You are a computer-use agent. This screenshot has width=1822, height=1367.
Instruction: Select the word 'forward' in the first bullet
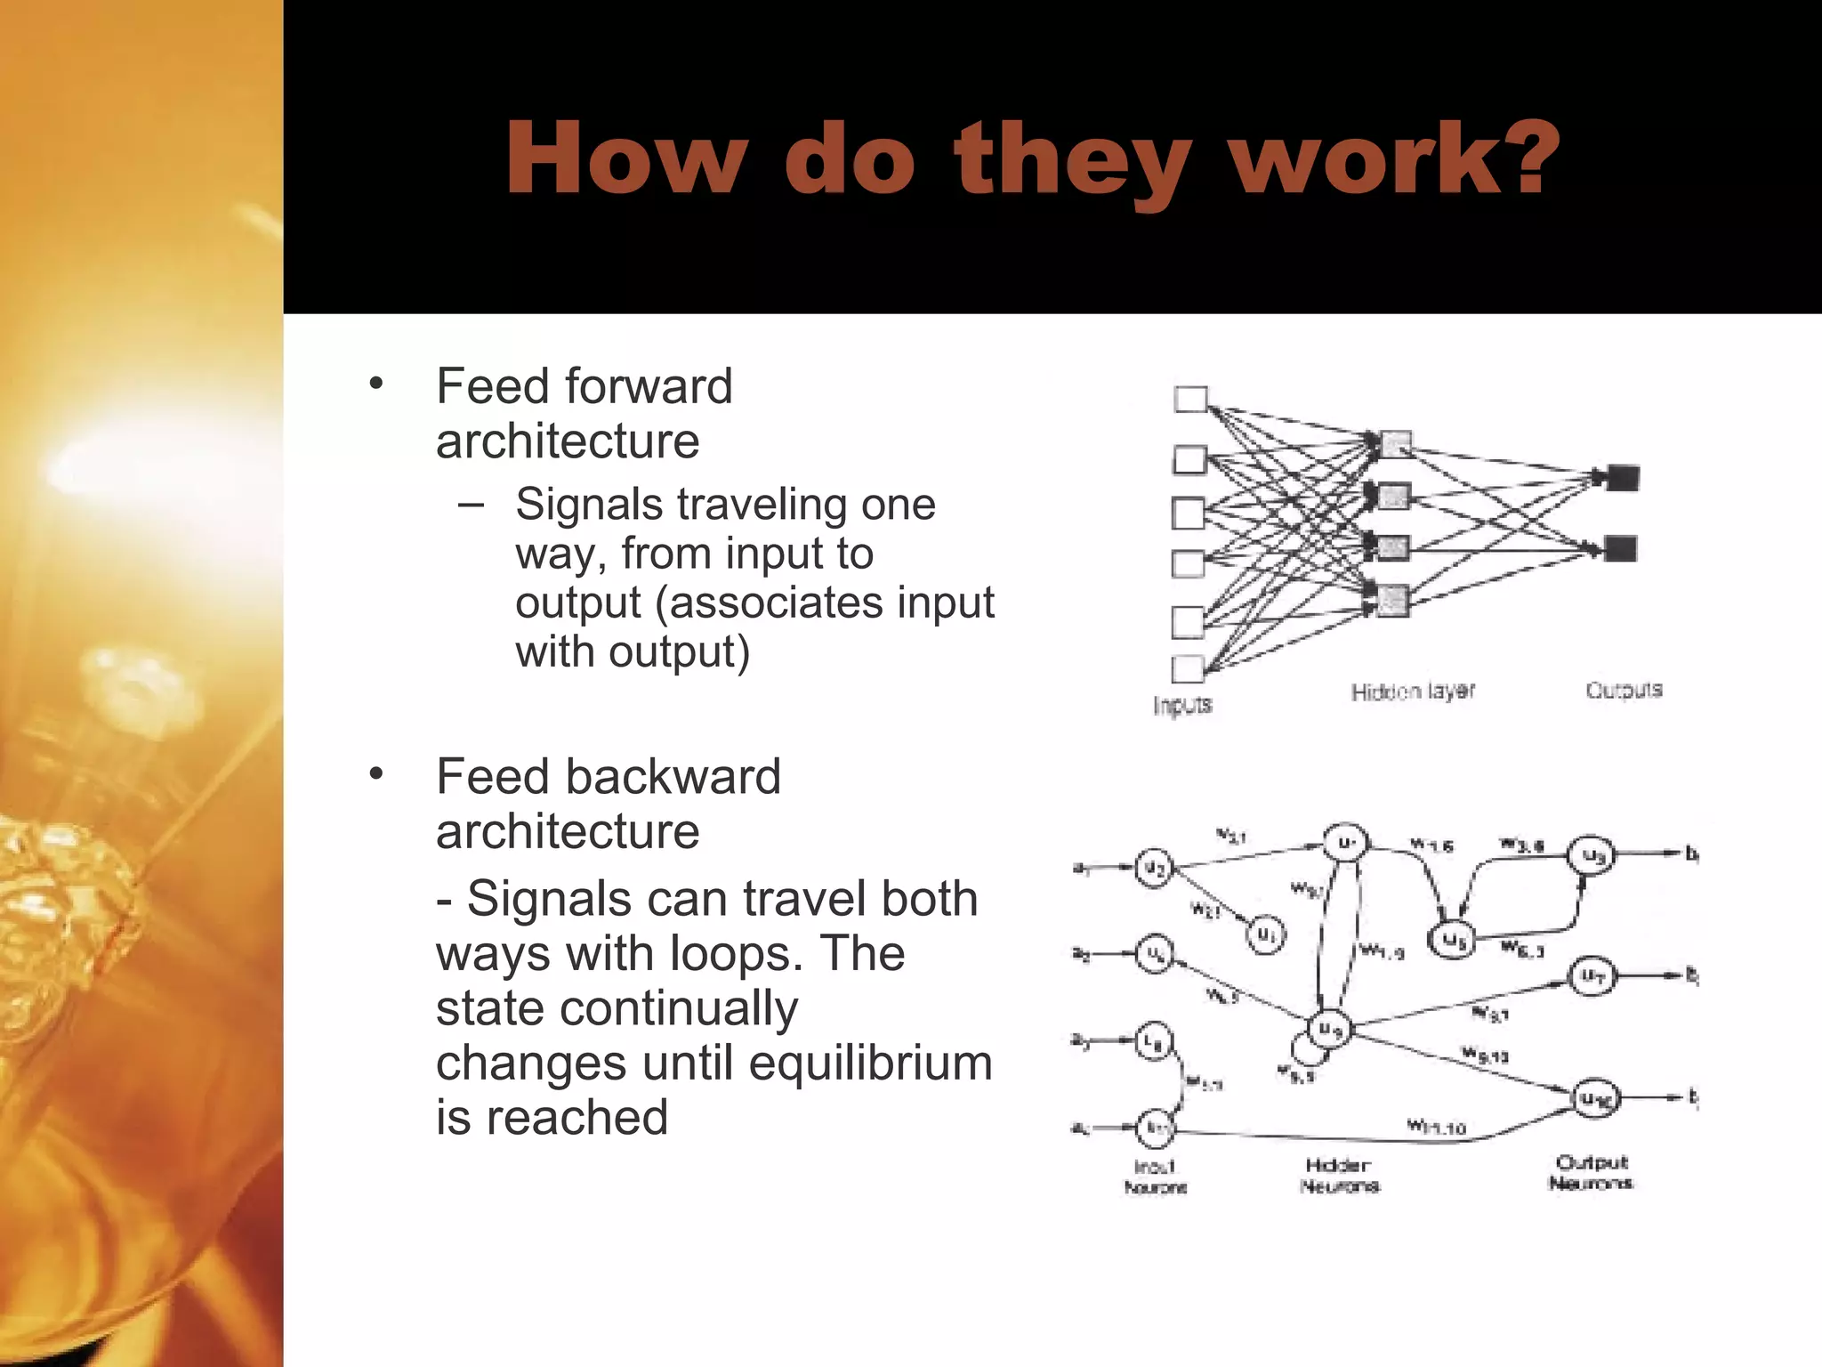click(649, 386)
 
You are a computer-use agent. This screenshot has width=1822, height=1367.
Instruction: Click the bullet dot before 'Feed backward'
click(376, 774)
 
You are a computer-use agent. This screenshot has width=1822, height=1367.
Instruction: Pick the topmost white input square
click(1190, 400)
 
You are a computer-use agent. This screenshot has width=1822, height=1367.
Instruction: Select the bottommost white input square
click(1188, 668)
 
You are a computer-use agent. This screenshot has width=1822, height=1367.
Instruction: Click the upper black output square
click(1623, 478)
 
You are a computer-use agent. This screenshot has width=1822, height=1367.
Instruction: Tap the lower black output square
click(1621, 548)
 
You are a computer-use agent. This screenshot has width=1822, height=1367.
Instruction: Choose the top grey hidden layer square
click(1394, 443)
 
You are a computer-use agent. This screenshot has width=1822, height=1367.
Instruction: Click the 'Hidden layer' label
click(1413, 692)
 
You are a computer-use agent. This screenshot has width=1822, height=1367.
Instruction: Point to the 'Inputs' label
click(1182, 705)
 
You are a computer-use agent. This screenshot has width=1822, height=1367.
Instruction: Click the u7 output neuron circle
click(1592, 976)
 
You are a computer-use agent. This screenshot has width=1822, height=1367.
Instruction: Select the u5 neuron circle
click(1451, 940)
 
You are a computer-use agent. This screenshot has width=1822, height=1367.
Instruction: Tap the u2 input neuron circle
click(1154, 868)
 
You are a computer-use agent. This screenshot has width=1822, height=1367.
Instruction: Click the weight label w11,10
click(1435, 1127)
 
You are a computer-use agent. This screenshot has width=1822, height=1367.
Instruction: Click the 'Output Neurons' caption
click(1591, 1172)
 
